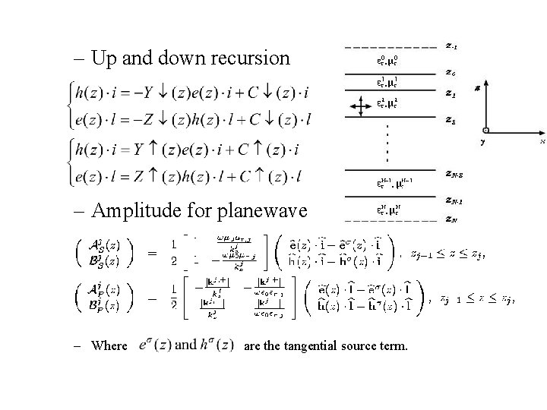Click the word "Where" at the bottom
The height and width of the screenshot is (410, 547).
point(109,346)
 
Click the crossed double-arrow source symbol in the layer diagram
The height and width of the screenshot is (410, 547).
point(356,107)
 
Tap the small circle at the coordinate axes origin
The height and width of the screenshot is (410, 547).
point(485,130)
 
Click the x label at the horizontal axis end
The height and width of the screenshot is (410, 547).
point(542,140)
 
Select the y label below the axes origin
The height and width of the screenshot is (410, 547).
point(482,142)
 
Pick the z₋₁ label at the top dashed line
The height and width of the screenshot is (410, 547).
point(451,46)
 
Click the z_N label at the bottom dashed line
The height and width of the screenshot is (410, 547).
point(451,221)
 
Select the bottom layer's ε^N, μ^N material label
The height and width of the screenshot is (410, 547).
point(387,210)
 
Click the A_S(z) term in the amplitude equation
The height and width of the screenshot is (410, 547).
point(102,244)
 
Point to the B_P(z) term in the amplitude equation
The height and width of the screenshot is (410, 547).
point(102,306)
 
